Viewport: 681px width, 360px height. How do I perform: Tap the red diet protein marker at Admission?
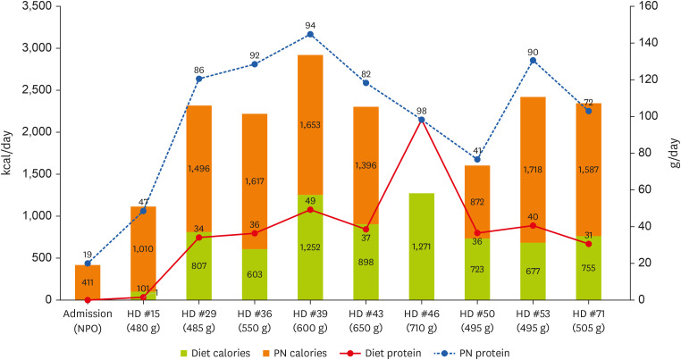[x=88, y=300]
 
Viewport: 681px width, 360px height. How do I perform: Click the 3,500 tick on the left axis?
[x=36, y=6]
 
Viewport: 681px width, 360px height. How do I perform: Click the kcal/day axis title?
[x=10, y=152]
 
